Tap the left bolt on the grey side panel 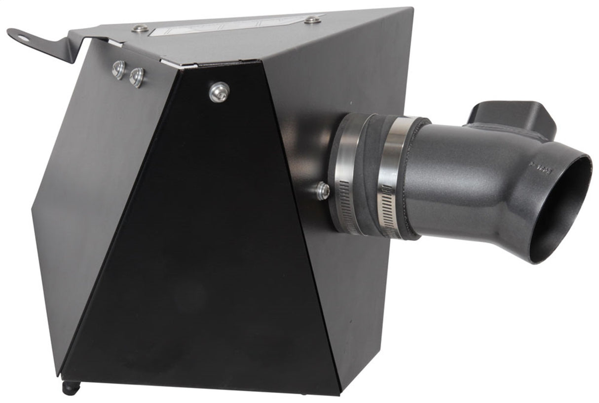click(x=118, y=70)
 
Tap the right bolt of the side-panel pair click(x=137, y=77)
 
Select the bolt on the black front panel click(x=219, y=92)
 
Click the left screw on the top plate click(x=141, y=28)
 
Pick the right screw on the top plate click(x=312, y=20)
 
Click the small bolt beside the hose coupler click(x=323, y=190)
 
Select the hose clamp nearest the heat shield click(x=345, y=173)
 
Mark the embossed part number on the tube click(x=543, y=168)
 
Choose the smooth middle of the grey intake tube click(x=464, y=183)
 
